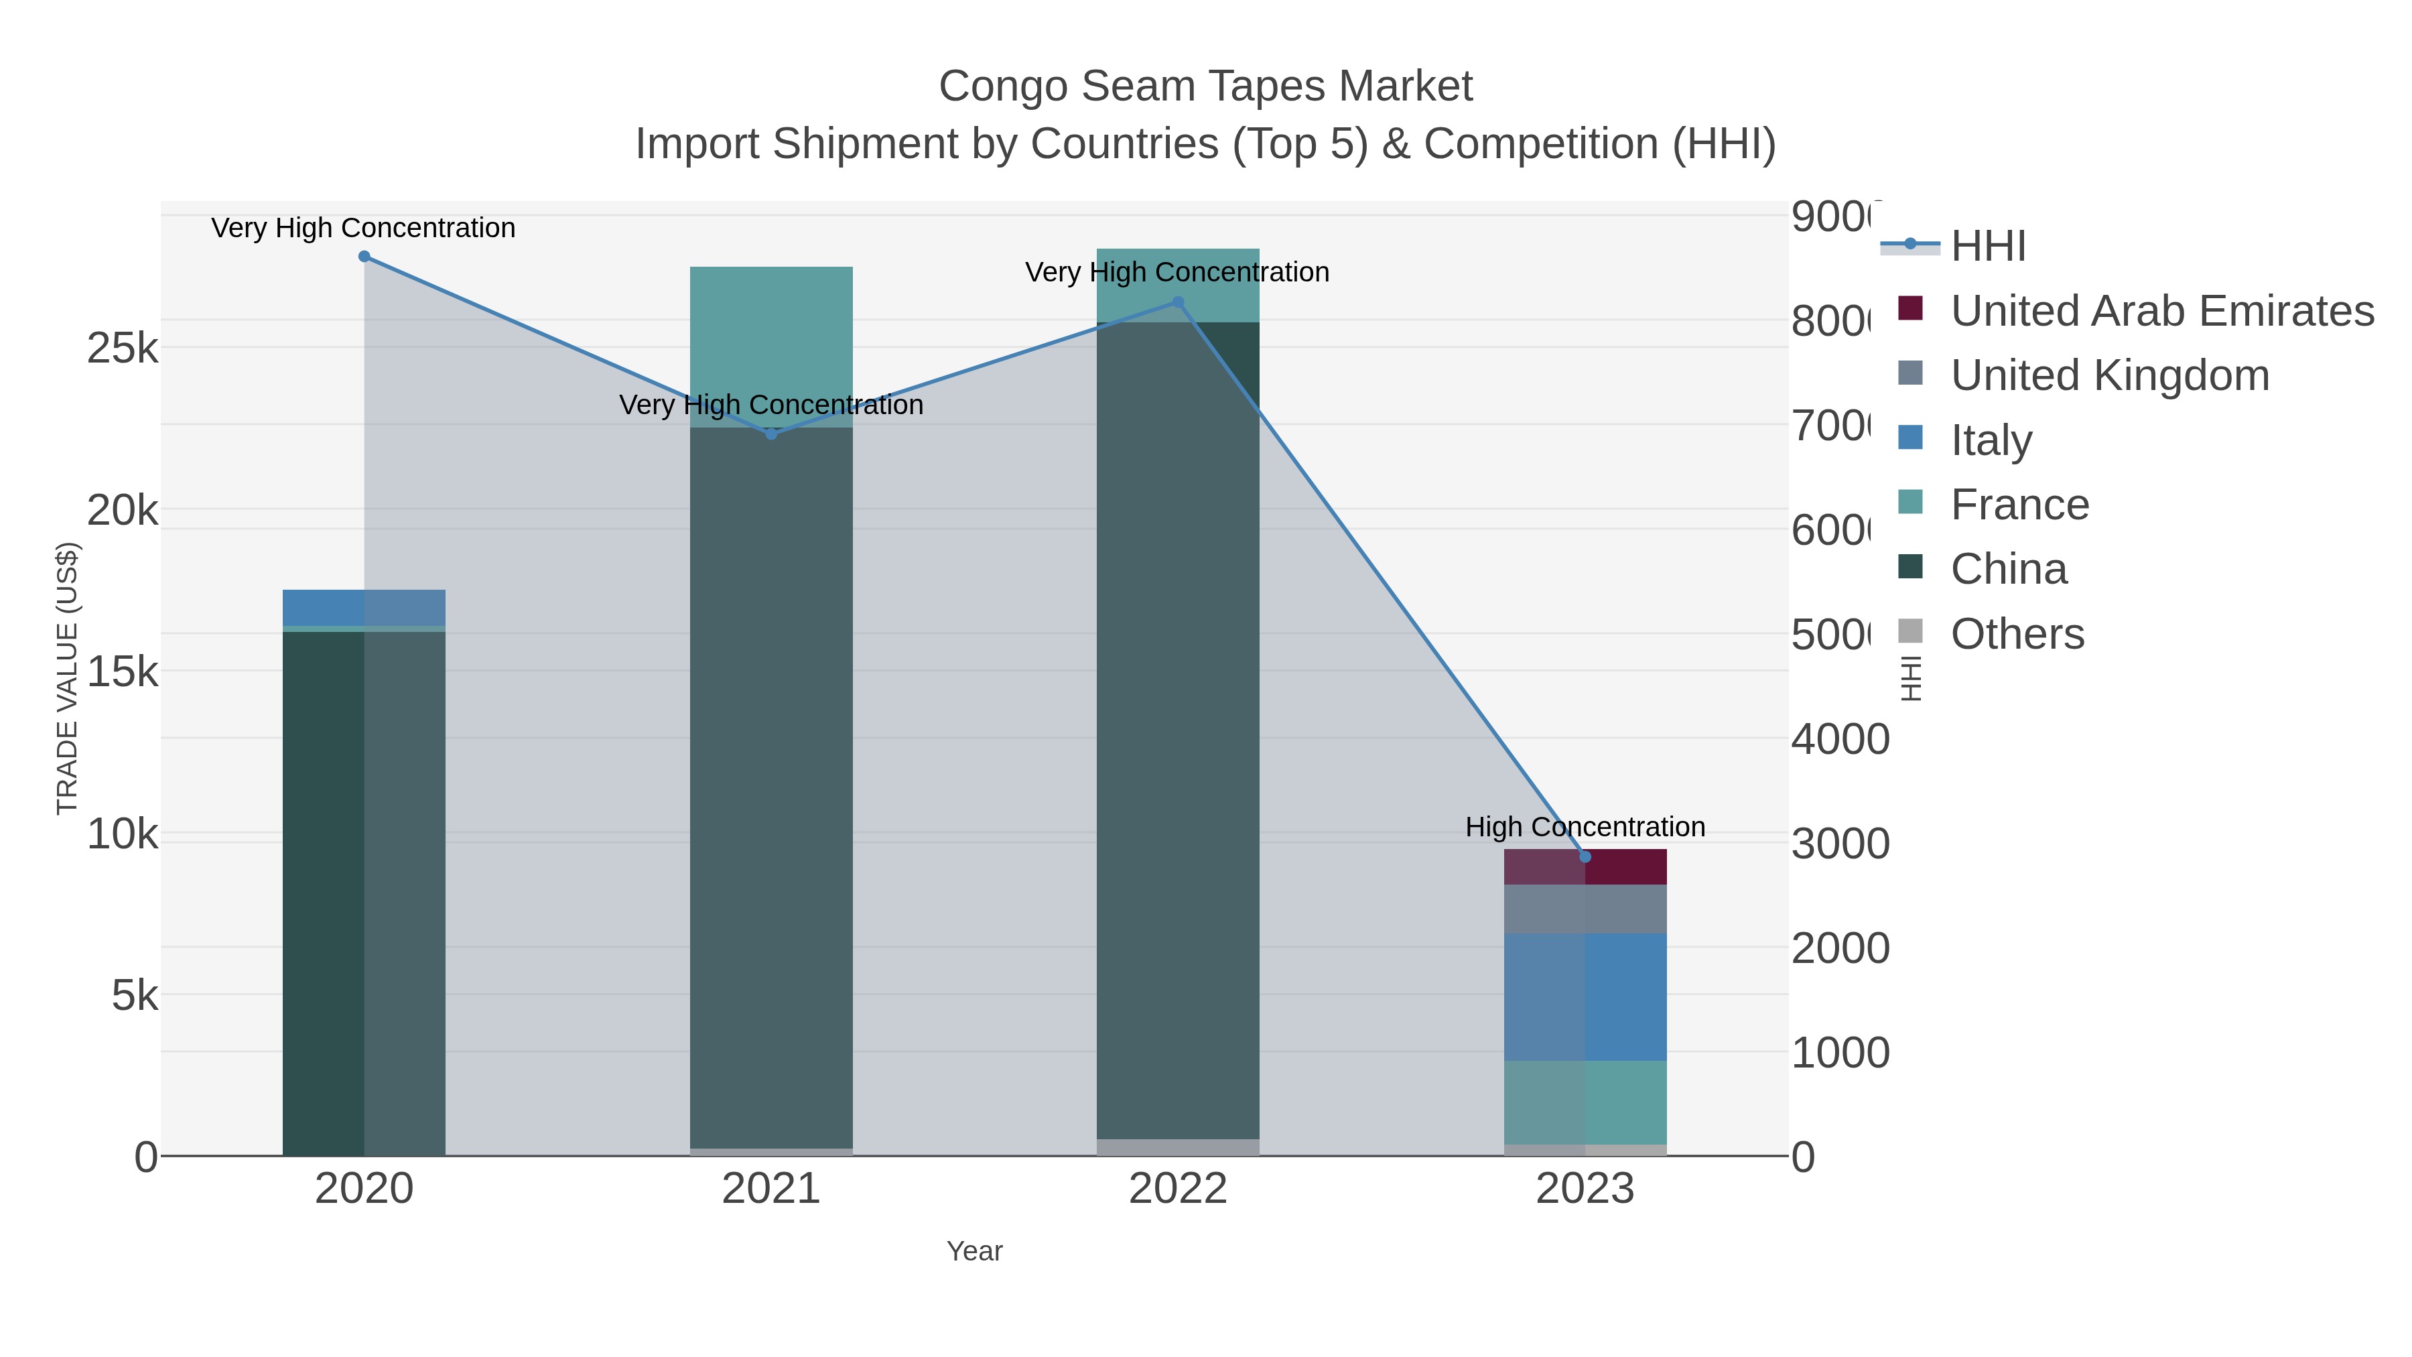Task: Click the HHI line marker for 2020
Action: (364, 257)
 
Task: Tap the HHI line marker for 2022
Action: (1178, 302)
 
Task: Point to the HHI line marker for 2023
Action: (1585, 856)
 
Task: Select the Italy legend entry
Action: (1991, 440)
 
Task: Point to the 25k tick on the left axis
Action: (122, 348)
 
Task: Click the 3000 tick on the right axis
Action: (1840, 844)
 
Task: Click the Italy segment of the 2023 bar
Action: (1585, 996)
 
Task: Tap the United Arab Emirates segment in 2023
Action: (1585, 867)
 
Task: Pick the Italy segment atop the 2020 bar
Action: (364, 607)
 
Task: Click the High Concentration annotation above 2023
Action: (1585, 827)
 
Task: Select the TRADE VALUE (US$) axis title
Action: (68, 678)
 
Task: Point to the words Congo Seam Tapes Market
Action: (1205, 86)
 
